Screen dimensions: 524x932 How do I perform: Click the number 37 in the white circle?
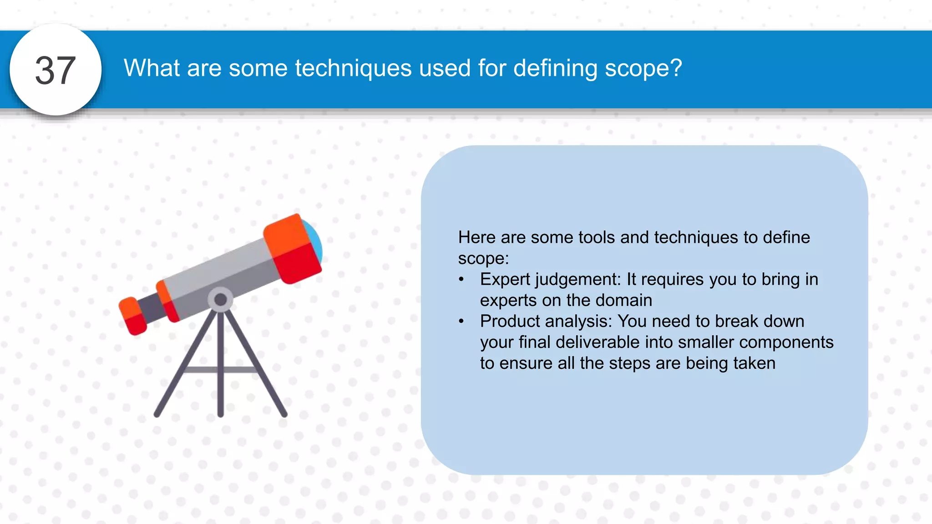[56, 71]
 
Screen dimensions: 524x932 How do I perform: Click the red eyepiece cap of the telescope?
[132, 316]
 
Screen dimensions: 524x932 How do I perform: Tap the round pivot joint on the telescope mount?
[221, 299]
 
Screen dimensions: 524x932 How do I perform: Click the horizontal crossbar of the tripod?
[221, 369]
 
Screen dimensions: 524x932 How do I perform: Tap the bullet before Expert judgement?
[461, 279]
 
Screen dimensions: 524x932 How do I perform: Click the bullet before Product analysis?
[461, 321]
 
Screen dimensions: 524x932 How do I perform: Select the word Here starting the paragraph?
[476, 237]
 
